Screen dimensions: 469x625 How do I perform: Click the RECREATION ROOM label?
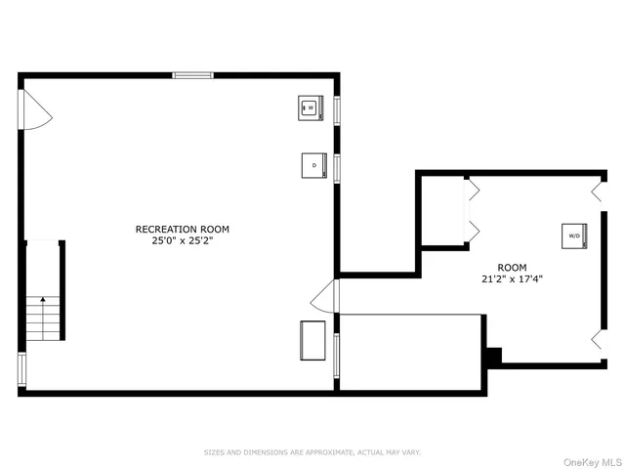pyautogui.click(x=183, y=230)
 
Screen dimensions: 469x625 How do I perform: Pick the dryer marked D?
pyautogui.click(x=313, y=165)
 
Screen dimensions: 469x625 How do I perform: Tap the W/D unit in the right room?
pyautogui.click(x=573, y=235)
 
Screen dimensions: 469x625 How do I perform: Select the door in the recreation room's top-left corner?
pyautogui.click(x=36, y=108)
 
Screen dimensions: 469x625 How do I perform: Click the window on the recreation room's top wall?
pyautogui.click(x=192, y=74)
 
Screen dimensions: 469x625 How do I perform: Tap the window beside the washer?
pyautogui.click(x=337, y=108)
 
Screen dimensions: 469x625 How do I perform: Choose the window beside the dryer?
pyautogui.click(x=337, y=167)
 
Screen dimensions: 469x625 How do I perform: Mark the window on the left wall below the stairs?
pyautogui.click(x=21, y=367)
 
